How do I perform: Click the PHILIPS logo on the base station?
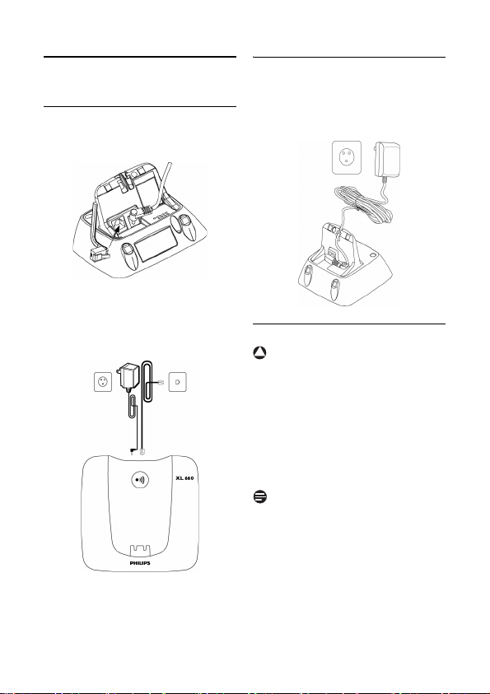(x=139, y=563)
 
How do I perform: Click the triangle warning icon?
(x=260, y=352)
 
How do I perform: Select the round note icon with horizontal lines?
(x=260, y=496)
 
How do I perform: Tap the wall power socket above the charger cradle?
(x=347, y=156)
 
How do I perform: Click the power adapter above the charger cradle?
(x=386, y=160)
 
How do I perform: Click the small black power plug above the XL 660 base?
(x=132, y=451)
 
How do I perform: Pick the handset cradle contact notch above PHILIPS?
(x=139, y=548)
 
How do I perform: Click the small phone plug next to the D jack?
(x=161, y=381)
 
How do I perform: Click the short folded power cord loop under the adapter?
(x=133, y=407)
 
